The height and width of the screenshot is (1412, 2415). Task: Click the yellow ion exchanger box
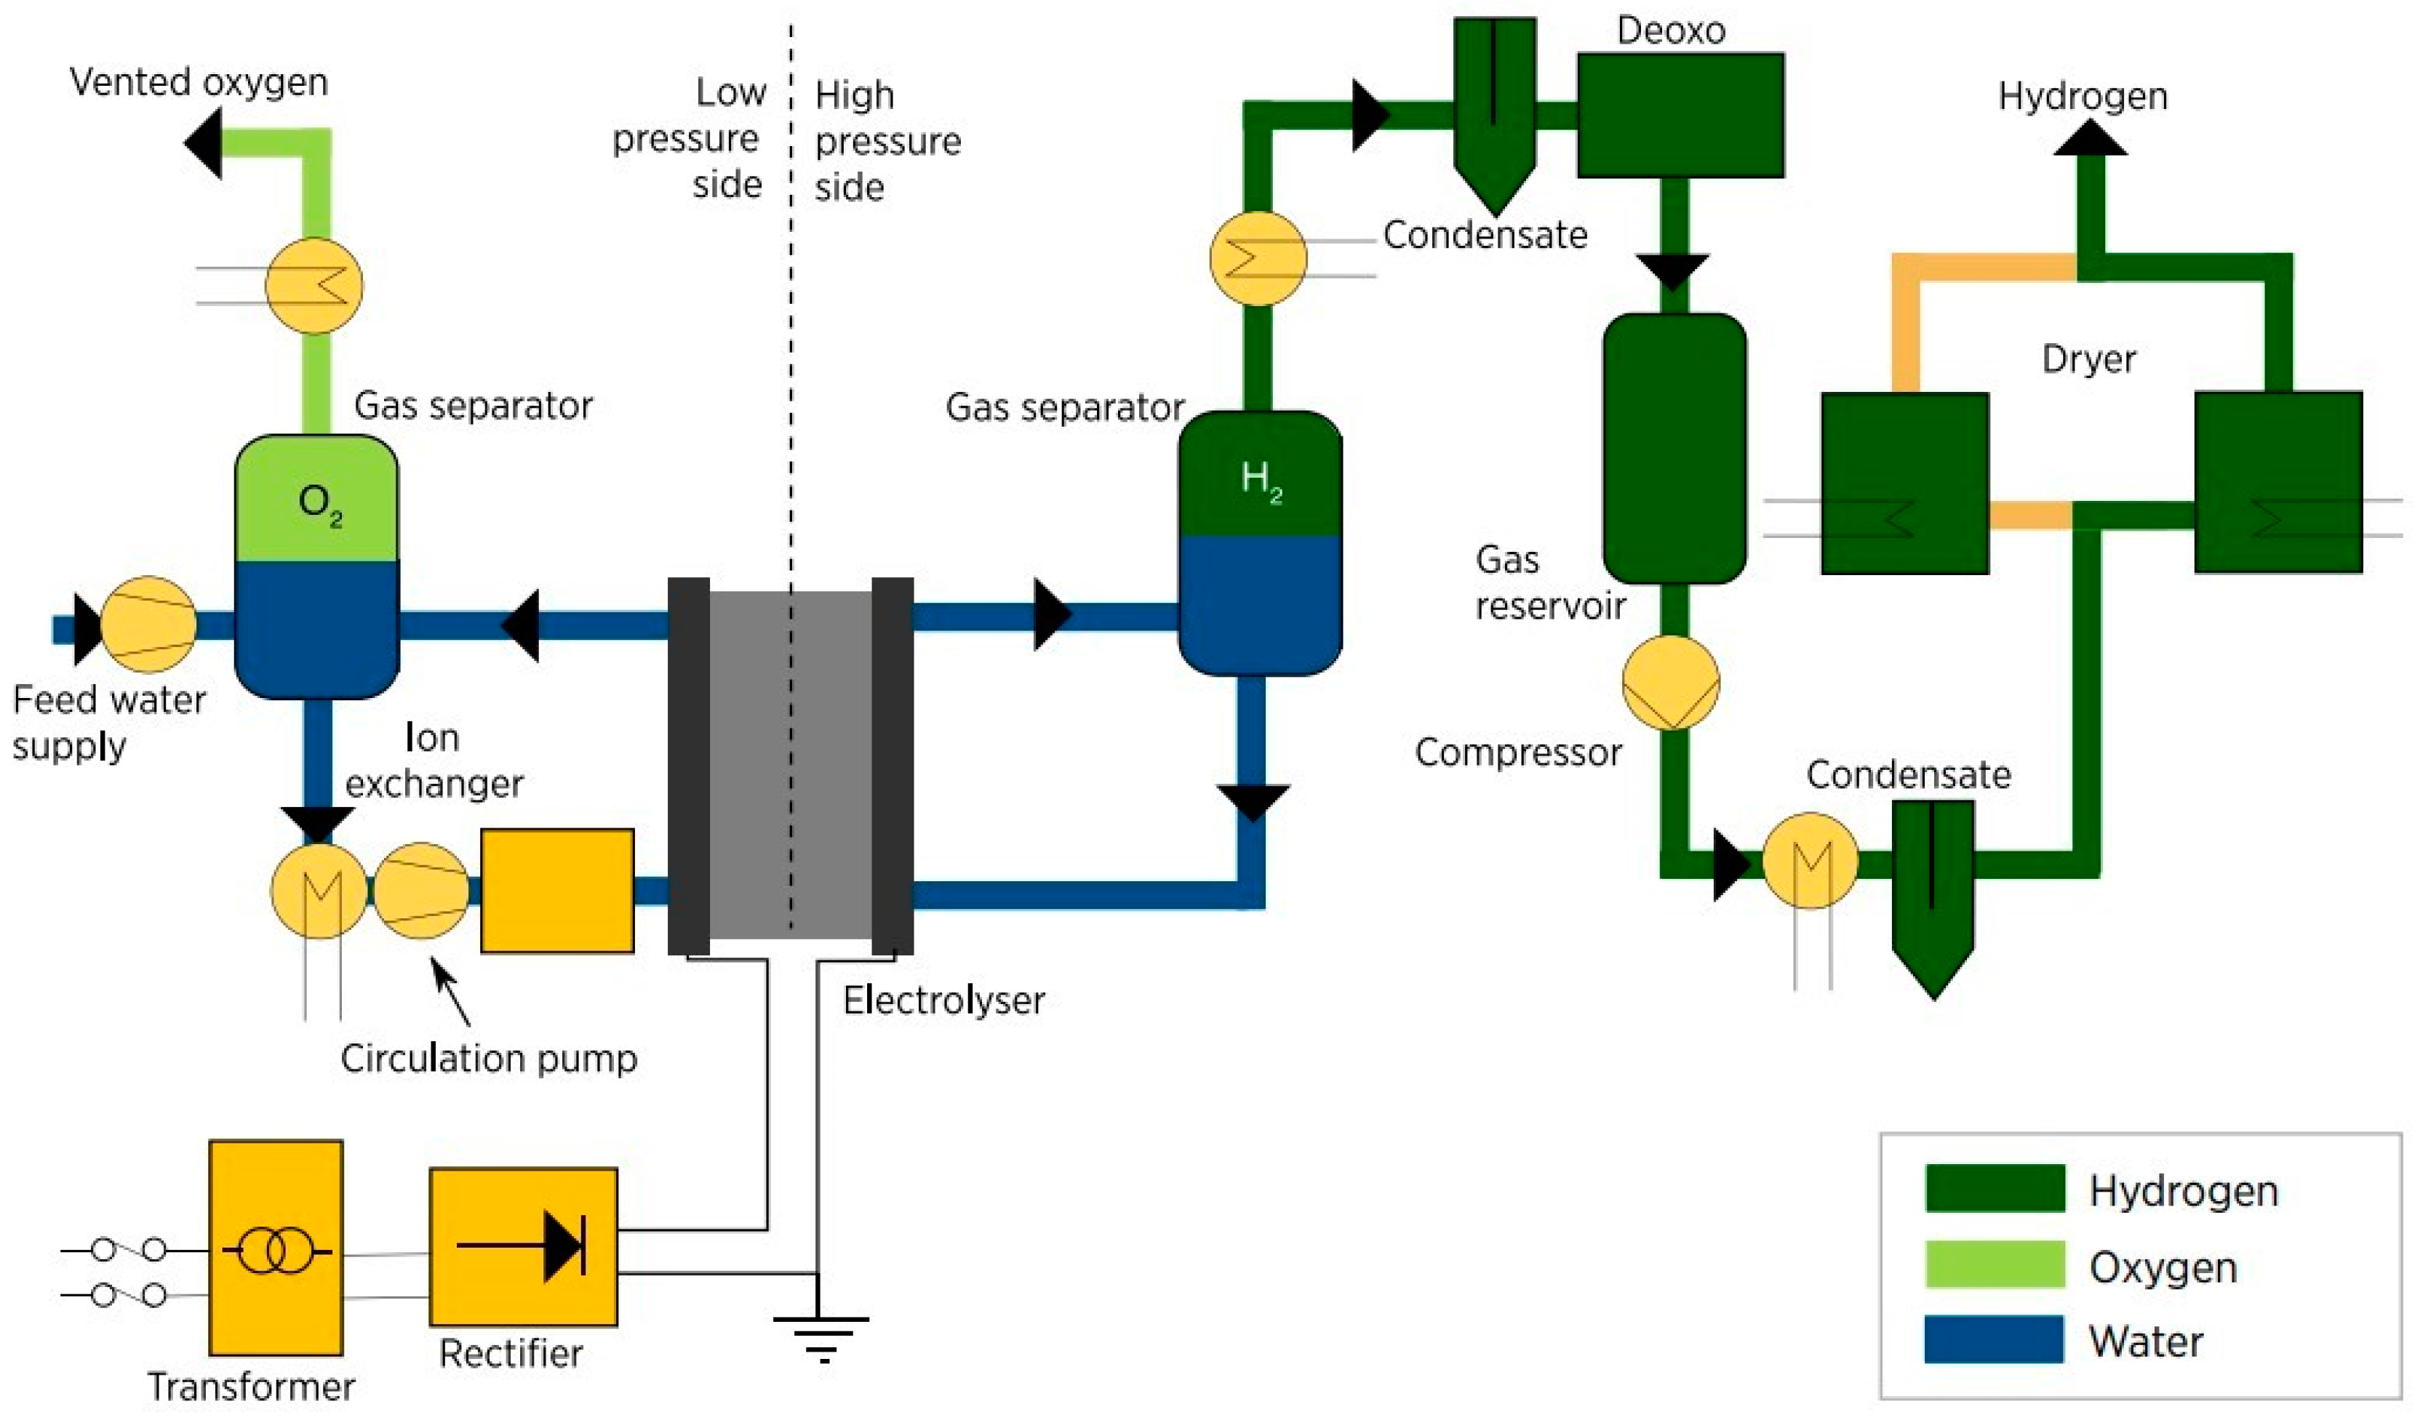[x=556, y=890]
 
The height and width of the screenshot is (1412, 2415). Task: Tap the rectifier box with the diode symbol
[x=522, y=1245]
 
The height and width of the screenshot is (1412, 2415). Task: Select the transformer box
[x=276, y=1246]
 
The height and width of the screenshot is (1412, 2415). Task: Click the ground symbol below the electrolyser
[x=821, y=1337]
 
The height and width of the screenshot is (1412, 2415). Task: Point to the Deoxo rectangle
[x=1680, y=115]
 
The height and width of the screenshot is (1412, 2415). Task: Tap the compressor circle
[x=1670, y=682]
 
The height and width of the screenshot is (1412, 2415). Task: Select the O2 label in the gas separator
[x=320, y=505]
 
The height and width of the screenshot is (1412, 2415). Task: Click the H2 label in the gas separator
[x=1260, y=480]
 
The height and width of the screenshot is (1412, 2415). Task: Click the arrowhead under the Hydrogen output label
[x=2090, y=139]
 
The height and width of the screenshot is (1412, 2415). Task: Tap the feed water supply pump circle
[x=148, y=625]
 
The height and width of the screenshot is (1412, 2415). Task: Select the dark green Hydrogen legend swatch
[x=1995, y=1188]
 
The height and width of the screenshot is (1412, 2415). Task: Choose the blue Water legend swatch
[x=1995, y=1339]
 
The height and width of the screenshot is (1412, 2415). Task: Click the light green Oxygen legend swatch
[x=1995, y=1264]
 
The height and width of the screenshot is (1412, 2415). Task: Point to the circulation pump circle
[x=420, y=890]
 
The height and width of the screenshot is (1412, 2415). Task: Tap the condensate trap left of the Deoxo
[x=1494, y=111]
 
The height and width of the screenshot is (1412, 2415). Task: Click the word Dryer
[x=2088, y=359]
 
